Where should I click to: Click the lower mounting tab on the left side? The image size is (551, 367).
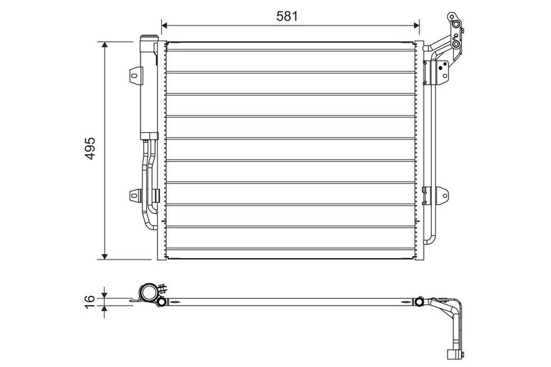pyautogui.click(x=134, y=197)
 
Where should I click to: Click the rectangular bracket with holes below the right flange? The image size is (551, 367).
pyautogui.click(x=437, y=71)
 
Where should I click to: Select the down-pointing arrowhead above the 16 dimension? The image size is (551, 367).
pyautogui.click(x=104, y=293)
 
